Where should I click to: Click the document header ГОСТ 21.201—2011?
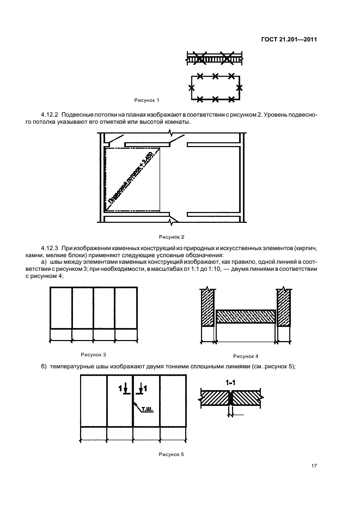point(288,40)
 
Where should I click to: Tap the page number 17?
point(314,466)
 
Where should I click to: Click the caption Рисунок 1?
point(147,100)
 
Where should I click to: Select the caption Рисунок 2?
point(172,236)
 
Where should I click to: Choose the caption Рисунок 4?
point(246,355)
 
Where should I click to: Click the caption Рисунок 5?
point(172,454)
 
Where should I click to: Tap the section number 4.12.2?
point(51,114)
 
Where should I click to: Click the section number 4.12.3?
point(51,248)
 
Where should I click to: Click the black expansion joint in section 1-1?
point(231,399)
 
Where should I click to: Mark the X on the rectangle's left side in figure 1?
point(191,88)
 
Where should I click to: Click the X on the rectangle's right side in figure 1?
point(239,88)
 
